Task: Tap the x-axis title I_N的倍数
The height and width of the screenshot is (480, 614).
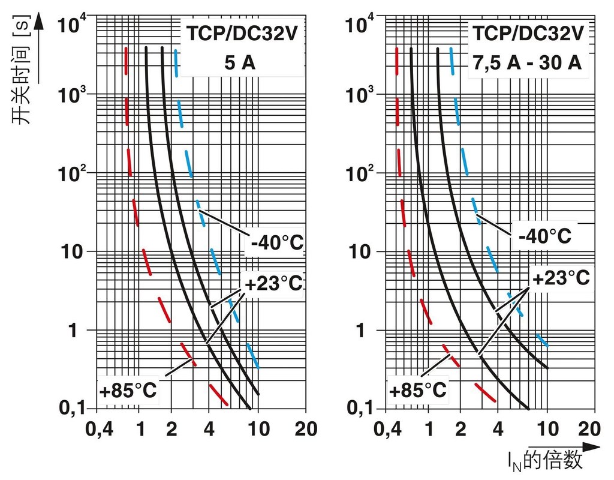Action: click(x=544, y=461)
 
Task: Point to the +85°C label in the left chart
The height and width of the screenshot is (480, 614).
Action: click(x=128, y=391)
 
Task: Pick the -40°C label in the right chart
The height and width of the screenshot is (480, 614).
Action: click(x=544, y=235)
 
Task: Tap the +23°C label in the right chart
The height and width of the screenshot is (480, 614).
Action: click(x=561, y=277)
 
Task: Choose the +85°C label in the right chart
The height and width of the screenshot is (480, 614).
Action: click(x=417, y=391)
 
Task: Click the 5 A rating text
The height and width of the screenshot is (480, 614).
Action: click(x=240, y=62)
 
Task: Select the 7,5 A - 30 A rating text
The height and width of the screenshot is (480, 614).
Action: click(x=526, y=62)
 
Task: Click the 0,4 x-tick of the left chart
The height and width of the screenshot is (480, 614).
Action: click(x=99, y=430)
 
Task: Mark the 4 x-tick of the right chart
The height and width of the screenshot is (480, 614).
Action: click(x=498, y=430)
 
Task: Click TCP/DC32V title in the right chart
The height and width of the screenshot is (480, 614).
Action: click(x=527, y=34)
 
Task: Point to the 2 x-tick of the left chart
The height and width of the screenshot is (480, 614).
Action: click(x=172, y=430)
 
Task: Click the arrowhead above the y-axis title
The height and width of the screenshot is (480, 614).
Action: click(x=40, y=22)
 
